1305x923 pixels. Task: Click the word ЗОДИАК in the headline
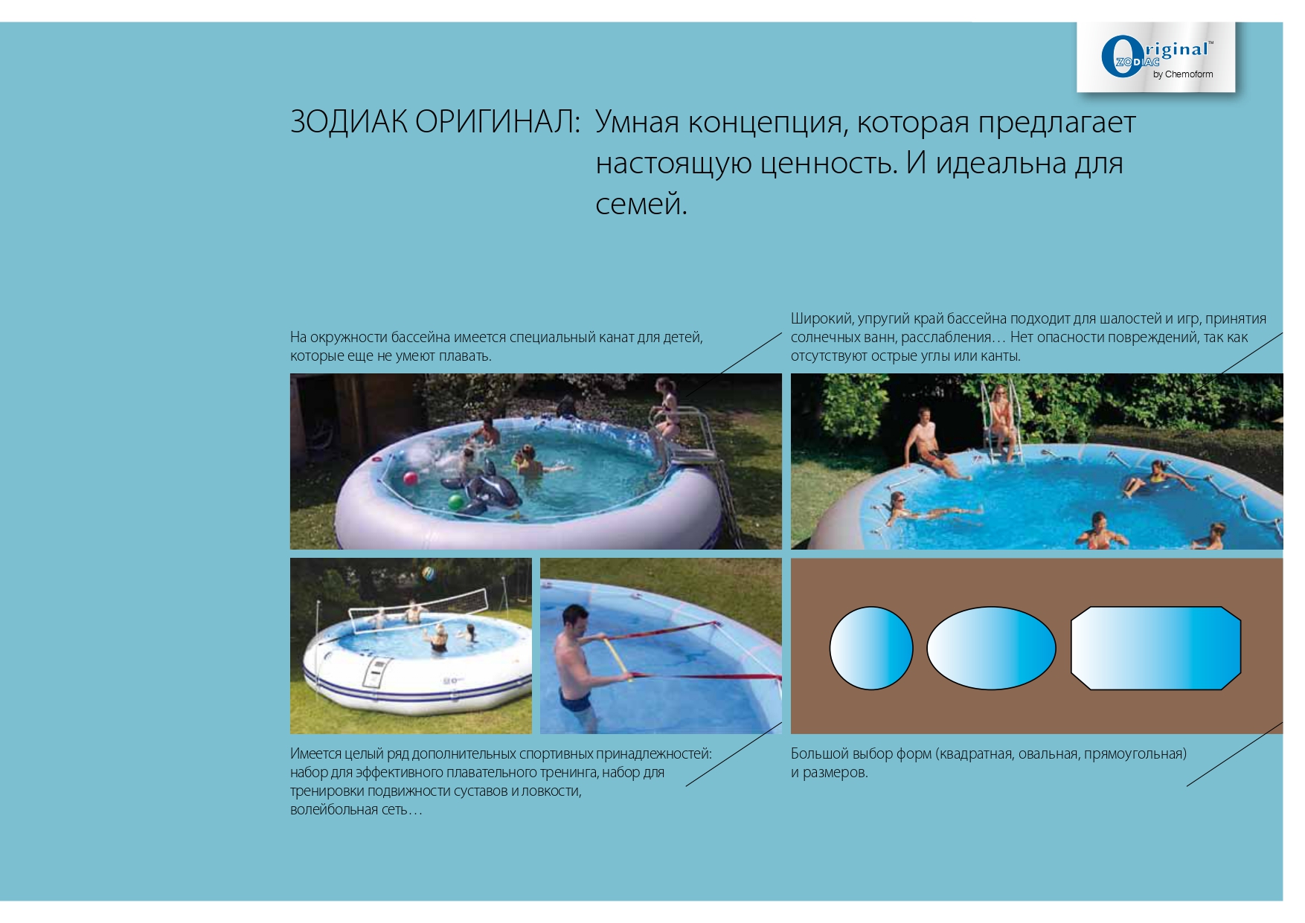tap(348, 123)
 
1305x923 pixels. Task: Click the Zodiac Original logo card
tap(1155, 57)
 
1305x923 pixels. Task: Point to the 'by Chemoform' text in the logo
tap(1183, 74)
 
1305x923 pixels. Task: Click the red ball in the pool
tap(410, 477)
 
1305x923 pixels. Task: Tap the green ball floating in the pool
tap(456, 502)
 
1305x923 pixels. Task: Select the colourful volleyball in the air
tap(429, 574)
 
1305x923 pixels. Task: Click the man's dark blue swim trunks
tap(574, 699)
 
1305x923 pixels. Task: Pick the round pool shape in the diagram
tap(870, 648)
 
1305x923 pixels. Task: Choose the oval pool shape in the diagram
tap(991, 648)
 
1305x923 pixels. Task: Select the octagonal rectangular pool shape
tap(1155, 648)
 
